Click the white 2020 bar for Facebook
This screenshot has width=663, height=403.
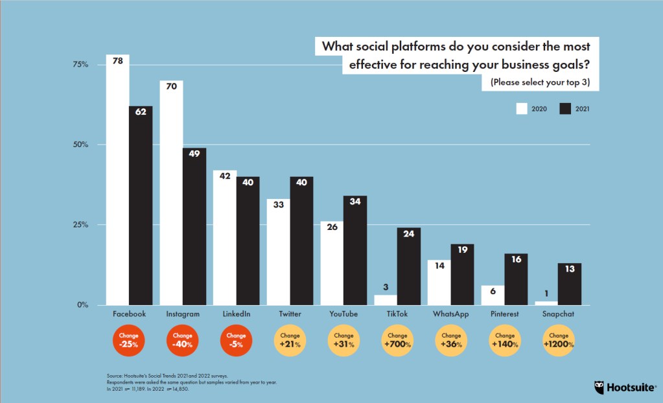click(118, 181)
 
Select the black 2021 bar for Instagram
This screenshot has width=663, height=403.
click(194, 227)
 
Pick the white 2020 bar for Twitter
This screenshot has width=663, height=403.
click(279, 253)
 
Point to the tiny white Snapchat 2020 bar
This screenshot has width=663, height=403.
click(546, 303)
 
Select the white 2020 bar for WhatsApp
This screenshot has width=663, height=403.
click(439, 282)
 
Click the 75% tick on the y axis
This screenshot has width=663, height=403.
click(80, 65)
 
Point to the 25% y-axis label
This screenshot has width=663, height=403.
click(80, 225)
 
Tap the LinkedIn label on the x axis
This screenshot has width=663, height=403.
click(236, 314)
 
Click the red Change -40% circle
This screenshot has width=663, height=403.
click(183, 341)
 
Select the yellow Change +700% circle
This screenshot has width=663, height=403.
click(397, 341)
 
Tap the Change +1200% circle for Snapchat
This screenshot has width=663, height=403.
click(557, 341)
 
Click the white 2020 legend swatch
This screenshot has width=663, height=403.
click(522, 109)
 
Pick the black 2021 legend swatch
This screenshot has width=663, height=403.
click(565, 109)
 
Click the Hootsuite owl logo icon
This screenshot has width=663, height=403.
click(599, 387)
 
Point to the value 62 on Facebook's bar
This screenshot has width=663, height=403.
click(140, 111)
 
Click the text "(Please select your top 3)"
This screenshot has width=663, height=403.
click(544, 82)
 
